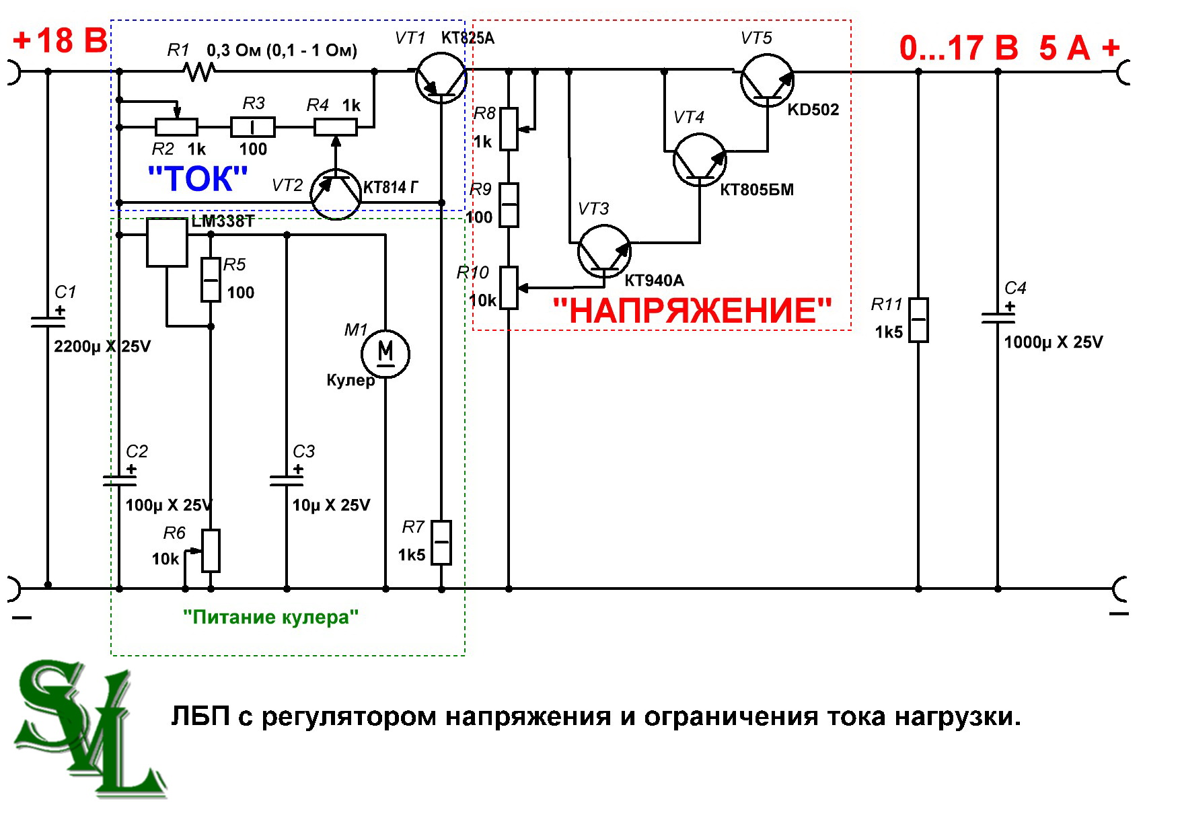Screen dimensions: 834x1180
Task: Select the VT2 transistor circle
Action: coord(336,194)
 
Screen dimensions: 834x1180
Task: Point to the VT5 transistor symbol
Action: coord(767,80)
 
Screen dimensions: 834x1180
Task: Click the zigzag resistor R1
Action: coord(200,71)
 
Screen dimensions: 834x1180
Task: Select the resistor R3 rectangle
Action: coord(253,127)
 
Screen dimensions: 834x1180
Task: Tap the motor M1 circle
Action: coord(385,353)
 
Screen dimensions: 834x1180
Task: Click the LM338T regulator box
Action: coord(167,243)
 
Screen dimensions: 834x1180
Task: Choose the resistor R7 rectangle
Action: coord(441,542)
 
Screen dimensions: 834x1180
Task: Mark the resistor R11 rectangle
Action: coord(918,320)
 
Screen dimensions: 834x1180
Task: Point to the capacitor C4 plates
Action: coord(998,317)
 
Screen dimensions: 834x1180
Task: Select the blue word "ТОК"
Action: coord(197,179)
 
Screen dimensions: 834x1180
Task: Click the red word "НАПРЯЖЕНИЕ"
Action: coord(692,311)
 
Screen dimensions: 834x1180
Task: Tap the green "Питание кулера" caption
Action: coord(270,617)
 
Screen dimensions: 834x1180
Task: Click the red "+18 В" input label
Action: coord(60,40)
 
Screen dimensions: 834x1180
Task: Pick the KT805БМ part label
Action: coord(757,190)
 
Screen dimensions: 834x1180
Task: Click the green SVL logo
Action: coord(87,727)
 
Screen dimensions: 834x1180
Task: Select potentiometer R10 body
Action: coord(509,288)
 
